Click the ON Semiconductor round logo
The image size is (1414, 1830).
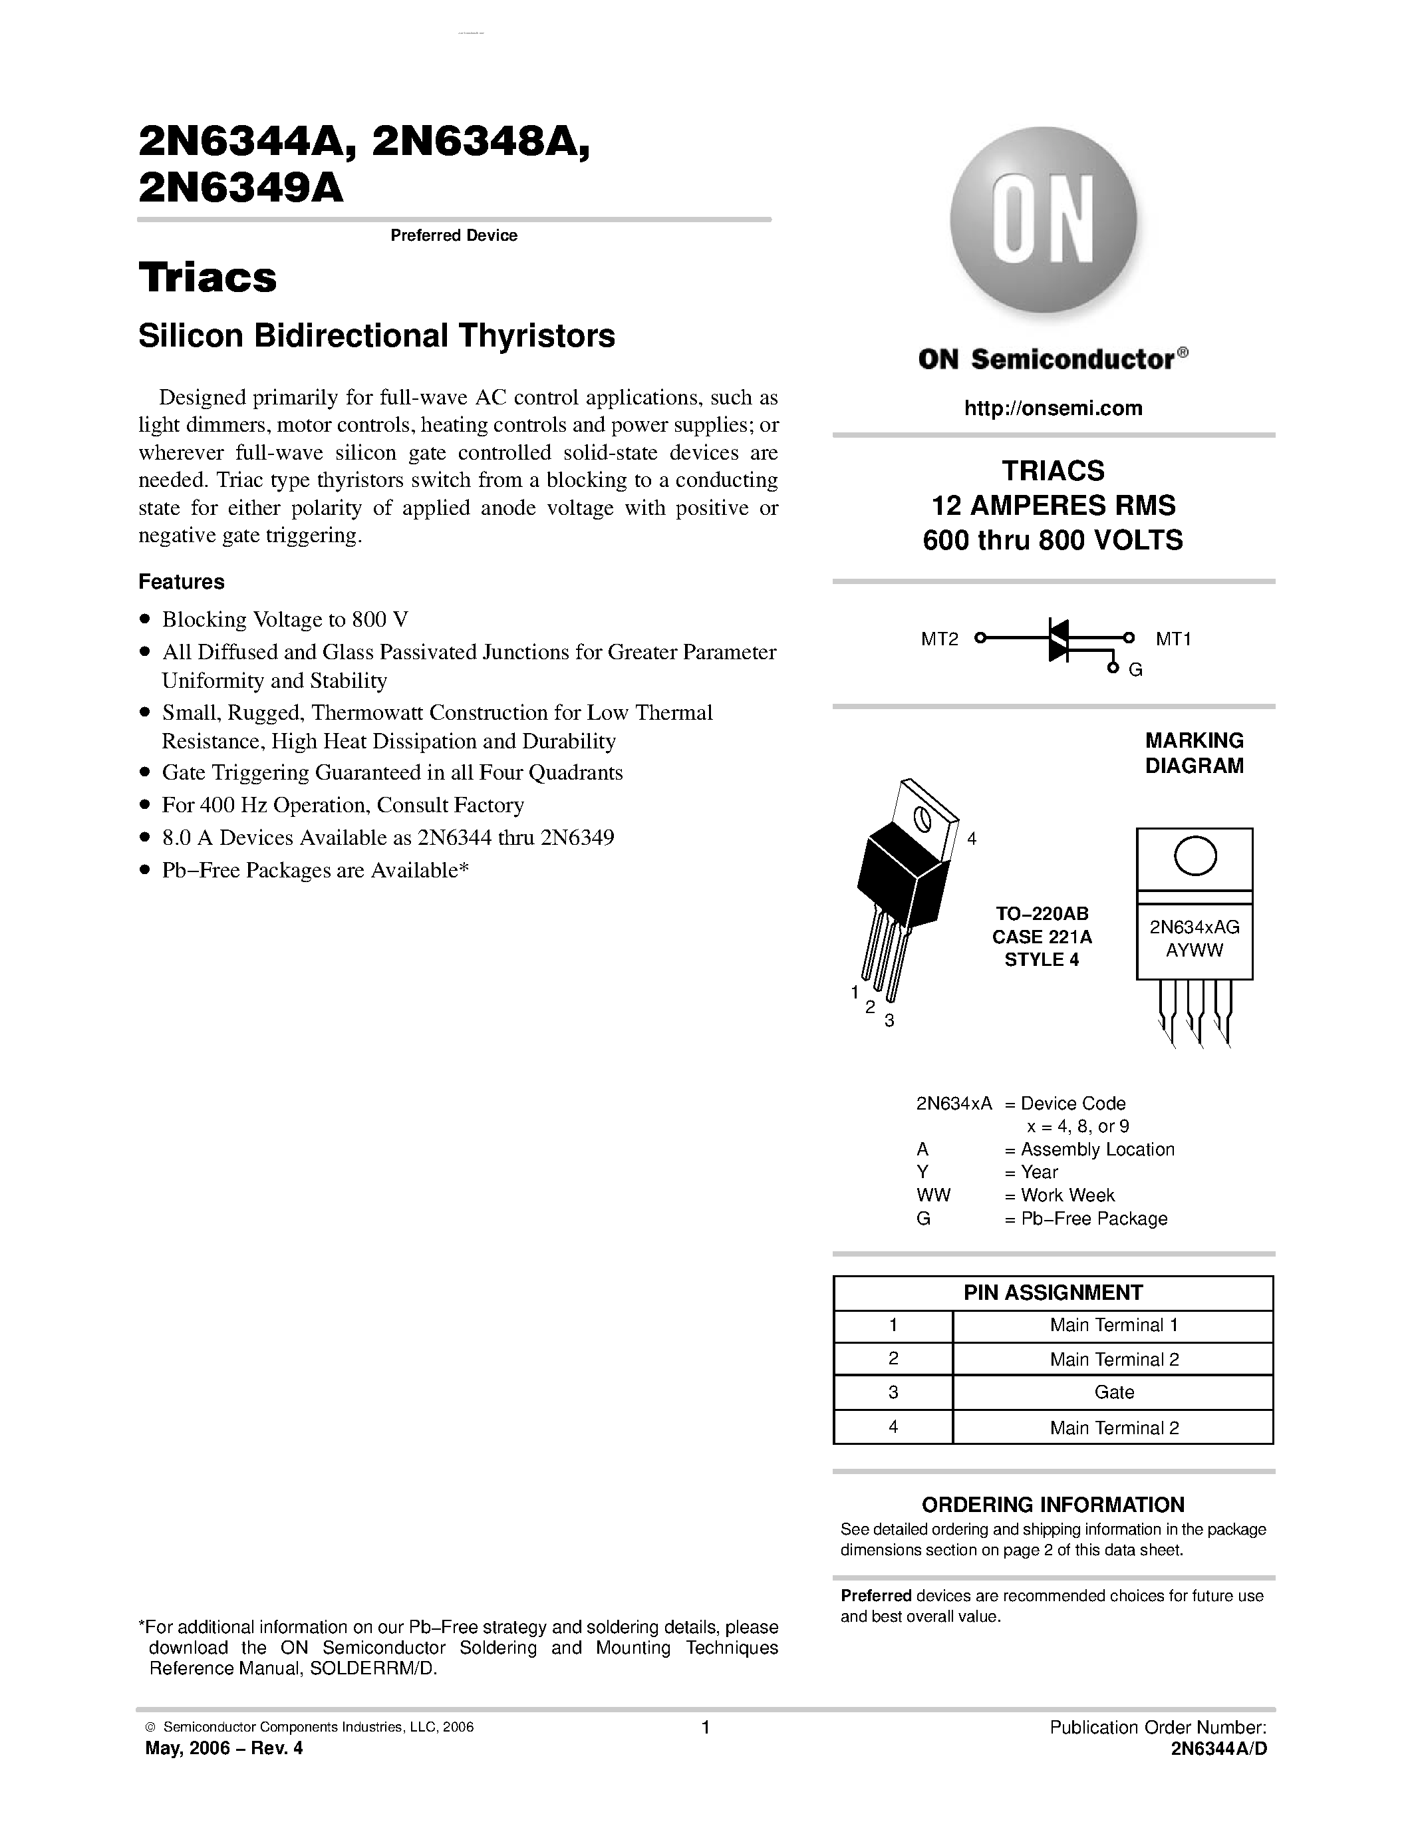[x=1043, y=220]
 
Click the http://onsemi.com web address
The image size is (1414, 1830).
[x=1053, y=408]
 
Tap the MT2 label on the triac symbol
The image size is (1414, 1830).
[x=939, y=639]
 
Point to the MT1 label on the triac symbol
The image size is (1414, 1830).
[x=1173, y=639]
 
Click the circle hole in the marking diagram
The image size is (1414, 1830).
[x=1195, y=856]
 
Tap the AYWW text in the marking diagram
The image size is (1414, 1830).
[x=1195, y=950]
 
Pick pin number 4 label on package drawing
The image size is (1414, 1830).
[x=972, y=839]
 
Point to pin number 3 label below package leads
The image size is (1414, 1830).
[x=890, y=1020]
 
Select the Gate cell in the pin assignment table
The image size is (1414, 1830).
[x=1113, y=1392]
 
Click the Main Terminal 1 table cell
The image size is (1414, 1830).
[x=1113, y=1324]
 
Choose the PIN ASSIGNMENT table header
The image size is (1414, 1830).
[x=1053, y=1292]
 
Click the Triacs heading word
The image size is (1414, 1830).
[x=208, y=277]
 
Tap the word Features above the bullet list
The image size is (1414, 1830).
[x=182, y=581]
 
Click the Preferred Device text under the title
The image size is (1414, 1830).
[x=454, y=235]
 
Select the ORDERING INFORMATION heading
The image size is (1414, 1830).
[x=1053, y=1504]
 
